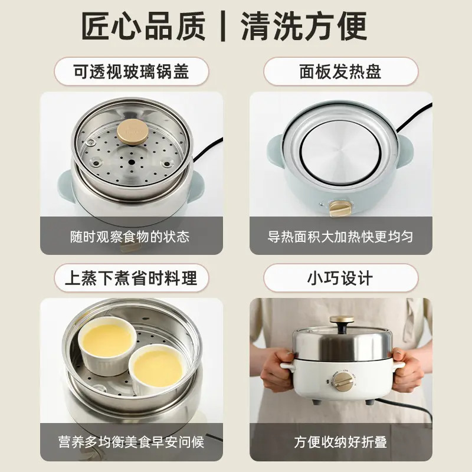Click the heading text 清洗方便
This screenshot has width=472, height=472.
[x=304, y=26]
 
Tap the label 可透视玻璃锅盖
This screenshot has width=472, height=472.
[x=132, y=71]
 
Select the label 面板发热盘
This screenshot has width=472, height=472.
[x=340, y=71]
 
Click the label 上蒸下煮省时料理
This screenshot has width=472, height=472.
[x=132, y=277]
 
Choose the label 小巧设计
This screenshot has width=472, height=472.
[x=340, y=277]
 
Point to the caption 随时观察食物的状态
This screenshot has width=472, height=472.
[x=132, y=237]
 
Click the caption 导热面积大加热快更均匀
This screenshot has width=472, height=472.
[x=340, y=237]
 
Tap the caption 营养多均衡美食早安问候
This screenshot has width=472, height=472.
[x=132, y=442]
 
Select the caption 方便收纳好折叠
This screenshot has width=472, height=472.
[x=340, y=442]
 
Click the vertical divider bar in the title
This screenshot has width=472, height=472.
[x=224, y=27]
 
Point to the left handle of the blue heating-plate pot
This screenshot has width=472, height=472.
[x=274, y=145]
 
